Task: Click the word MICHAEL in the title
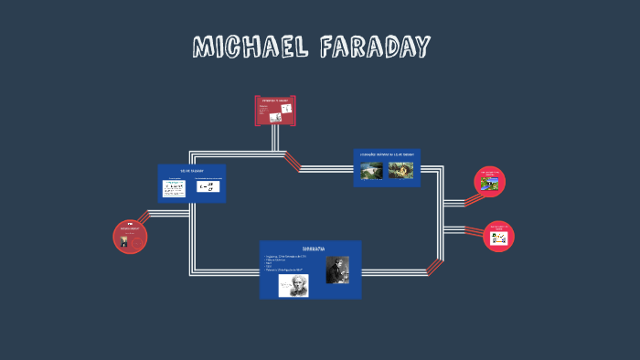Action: [x=249, y=47]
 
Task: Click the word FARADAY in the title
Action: [x=375, y=47]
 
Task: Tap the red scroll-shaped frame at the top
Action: [x=274, y=111]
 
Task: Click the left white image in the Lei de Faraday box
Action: [x=174, y=188]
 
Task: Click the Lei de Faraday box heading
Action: [x=190, y=171]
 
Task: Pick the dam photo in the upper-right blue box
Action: [x=371, y=170]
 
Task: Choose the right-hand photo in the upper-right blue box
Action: [x=400, y=170]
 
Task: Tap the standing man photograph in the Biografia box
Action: [x=337, y=270]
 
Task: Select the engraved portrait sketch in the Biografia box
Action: [x=293, y=285]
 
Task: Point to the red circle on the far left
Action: [x=130, y=237]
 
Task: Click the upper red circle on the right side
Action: [x=492, y=182]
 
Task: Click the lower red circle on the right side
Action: [x=498, y=236]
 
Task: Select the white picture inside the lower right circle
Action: [x=498, y=238]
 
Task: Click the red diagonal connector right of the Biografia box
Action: [x=435, y=267]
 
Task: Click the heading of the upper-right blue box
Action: [x=387, y=156]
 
